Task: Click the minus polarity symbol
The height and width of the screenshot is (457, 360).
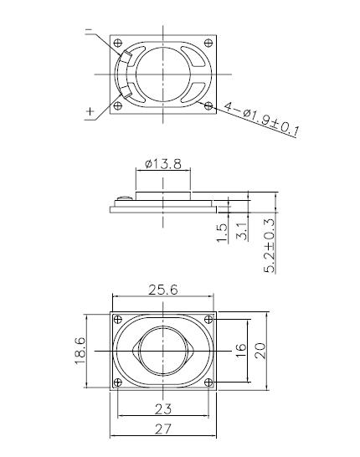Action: coord(89,32)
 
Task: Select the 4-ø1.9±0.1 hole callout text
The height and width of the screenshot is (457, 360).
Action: coord(261,118)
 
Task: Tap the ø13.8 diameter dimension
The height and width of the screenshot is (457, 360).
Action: coord(163,163)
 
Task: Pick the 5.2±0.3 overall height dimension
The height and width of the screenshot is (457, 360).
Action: coord(269,244)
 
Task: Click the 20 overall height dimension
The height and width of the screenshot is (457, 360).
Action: coord(260,348)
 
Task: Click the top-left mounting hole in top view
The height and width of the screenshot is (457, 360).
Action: coord(116,43)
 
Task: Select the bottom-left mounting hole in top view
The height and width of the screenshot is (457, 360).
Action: coord(116,105)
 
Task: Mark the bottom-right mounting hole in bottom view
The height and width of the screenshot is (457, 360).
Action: coord(208,381)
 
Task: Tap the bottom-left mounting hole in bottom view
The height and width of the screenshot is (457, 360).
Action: coord(117,381)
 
